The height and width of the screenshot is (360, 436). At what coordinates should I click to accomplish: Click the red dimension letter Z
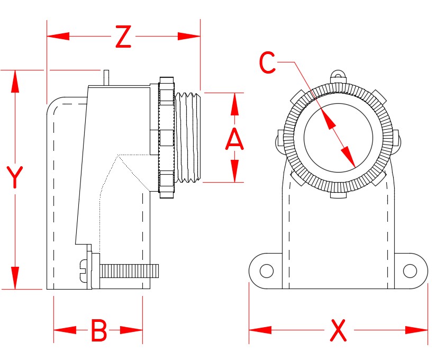[122, 37]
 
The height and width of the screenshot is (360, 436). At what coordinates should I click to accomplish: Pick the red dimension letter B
[99, 330]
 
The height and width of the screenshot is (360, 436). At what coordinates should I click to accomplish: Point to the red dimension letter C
[267, 64]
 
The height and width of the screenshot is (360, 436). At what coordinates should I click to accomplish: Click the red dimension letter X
[338, 330]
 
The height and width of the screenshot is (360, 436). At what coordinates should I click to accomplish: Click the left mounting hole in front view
[266, 271]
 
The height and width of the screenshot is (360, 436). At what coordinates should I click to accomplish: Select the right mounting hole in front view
[410, 271]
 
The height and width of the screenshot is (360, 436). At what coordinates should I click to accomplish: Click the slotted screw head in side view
[84, 270]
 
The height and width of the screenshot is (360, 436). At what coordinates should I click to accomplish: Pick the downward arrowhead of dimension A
[234, 172]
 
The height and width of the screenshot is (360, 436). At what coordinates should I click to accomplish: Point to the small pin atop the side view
[106, 77]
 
